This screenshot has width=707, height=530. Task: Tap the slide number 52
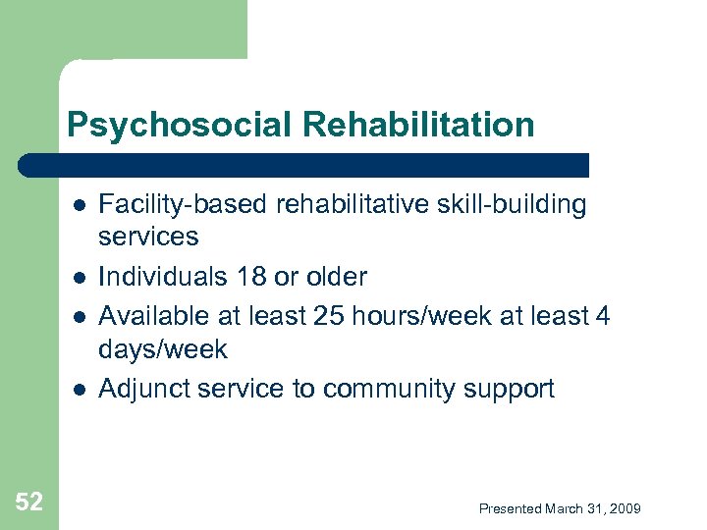coord(29,503)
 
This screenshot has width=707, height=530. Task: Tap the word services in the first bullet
coord(148,238)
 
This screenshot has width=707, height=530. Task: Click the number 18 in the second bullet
coord(250,277)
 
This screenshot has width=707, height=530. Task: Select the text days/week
coord(163,350)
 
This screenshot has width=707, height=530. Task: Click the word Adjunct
coord(144,390)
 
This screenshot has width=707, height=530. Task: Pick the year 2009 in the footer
coord(625,508)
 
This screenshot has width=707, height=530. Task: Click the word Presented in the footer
coord(510,508)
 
